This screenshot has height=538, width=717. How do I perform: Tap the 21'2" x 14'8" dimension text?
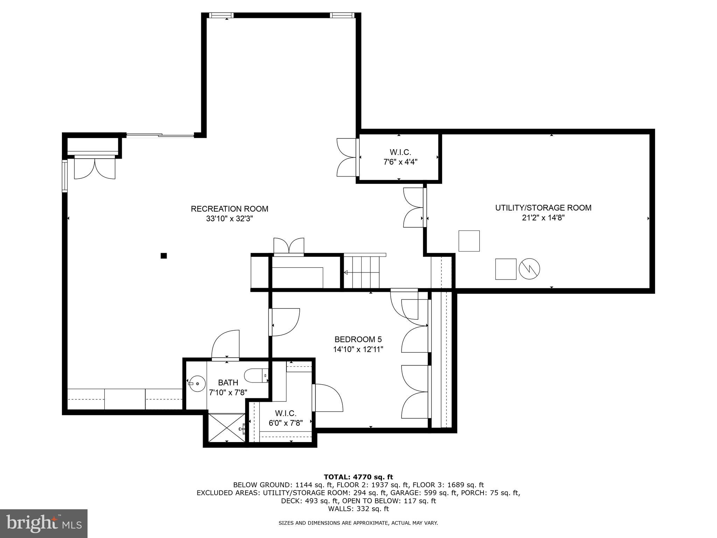(543, 218)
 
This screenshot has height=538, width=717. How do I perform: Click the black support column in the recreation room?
(163, 256)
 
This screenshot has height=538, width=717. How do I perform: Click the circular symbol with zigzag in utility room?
(529, 269)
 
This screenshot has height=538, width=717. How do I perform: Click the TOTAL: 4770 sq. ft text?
(358, 477)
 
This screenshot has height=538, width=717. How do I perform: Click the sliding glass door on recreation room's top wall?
(160, 136)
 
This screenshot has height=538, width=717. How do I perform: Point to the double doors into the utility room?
(415, 207)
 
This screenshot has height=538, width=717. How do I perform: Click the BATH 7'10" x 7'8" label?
(228, 387)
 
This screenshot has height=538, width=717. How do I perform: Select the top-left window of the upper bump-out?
(221, 15)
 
